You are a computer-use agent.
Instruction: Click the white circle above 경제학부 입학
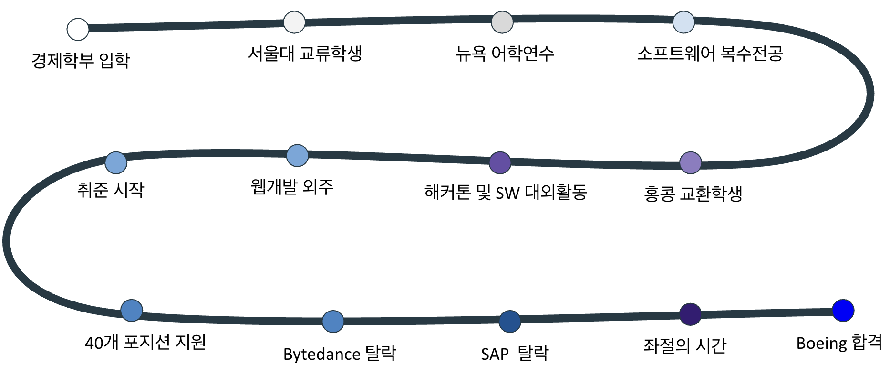(78, 29)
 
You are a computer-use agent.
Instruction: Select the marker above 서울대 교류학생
(294, 22)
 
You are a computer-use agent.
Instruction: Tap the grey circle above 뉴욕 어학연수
(502, 22)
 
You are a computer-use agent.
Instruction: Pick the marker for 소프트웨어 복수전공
(683, 22)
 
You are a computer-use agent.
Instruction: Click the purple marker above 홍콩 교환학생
(690, 163)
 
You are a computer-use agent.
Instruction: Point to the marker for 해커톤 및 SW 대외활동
(500, 162)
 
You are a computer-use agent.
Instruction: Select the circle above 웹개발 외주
(297, 156)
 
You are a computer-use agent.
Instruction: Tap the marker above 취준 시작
(116, 162)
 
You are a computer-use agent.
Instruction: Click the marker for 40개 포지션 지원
(132, 311)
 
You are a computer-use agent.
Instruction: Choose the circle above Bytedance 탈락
(333, 321)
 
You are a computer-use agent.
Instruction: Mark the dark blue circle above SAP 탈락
(510, 321)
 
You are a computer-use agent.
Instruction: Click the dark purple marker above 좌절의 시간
(690, 314)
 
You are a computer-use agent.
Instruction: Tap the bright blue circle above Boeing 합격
(843, 311)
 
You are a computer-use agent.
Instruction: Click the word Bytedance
(321, 355)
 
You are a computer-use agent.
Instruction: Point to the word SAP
(495, 355)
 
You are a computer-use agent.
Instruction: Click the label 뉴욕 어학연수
(505, 54)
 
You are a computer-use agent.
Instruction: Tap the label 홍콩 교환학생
(693, 194)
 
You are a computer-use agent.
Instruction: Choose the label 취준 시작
(111, 190)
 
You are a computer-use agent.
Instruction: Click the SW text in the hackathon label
(507, 193)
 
